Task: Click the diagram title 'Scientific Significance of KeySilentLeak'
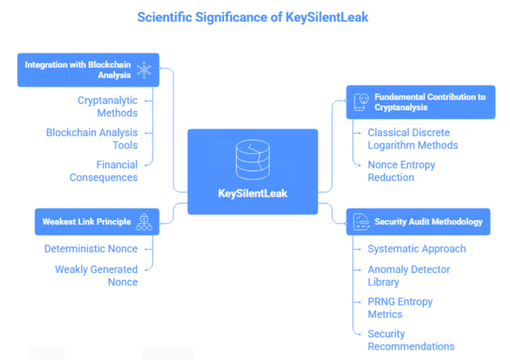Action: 253,17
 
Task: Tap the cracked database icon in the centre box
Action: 253,160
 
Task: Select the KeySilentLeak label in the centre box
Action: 253,194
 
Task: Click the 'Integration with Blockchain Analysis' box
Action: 88,70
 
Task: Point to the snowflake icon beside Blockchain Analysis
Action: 144,70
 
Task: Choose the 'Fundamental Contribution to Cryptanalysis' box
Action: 420,102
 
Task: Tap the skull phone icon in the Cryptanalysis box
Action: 361,102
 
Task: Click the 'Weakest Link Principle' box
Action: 97,222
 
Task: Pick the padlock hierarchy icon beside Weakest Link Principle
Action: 144,222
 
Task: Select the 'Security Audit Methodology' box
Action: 418,222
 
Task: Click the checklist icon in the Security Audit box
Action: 361,222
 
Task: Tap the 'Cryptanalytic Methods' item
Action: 107,106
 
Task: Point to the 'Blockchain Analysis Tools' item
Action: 92,139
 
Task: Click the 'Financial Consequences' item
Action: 103,171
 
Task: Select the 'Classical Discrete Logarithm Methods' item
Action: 413,139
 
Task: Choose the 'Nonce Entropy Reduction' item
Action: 401,171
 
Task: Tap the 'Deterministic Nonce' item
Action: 91,249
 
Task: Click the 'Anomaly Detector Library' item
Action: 409,275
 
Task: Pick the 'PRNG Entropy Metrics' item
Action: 400,308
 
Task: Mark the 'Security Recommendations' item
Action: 411,340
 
